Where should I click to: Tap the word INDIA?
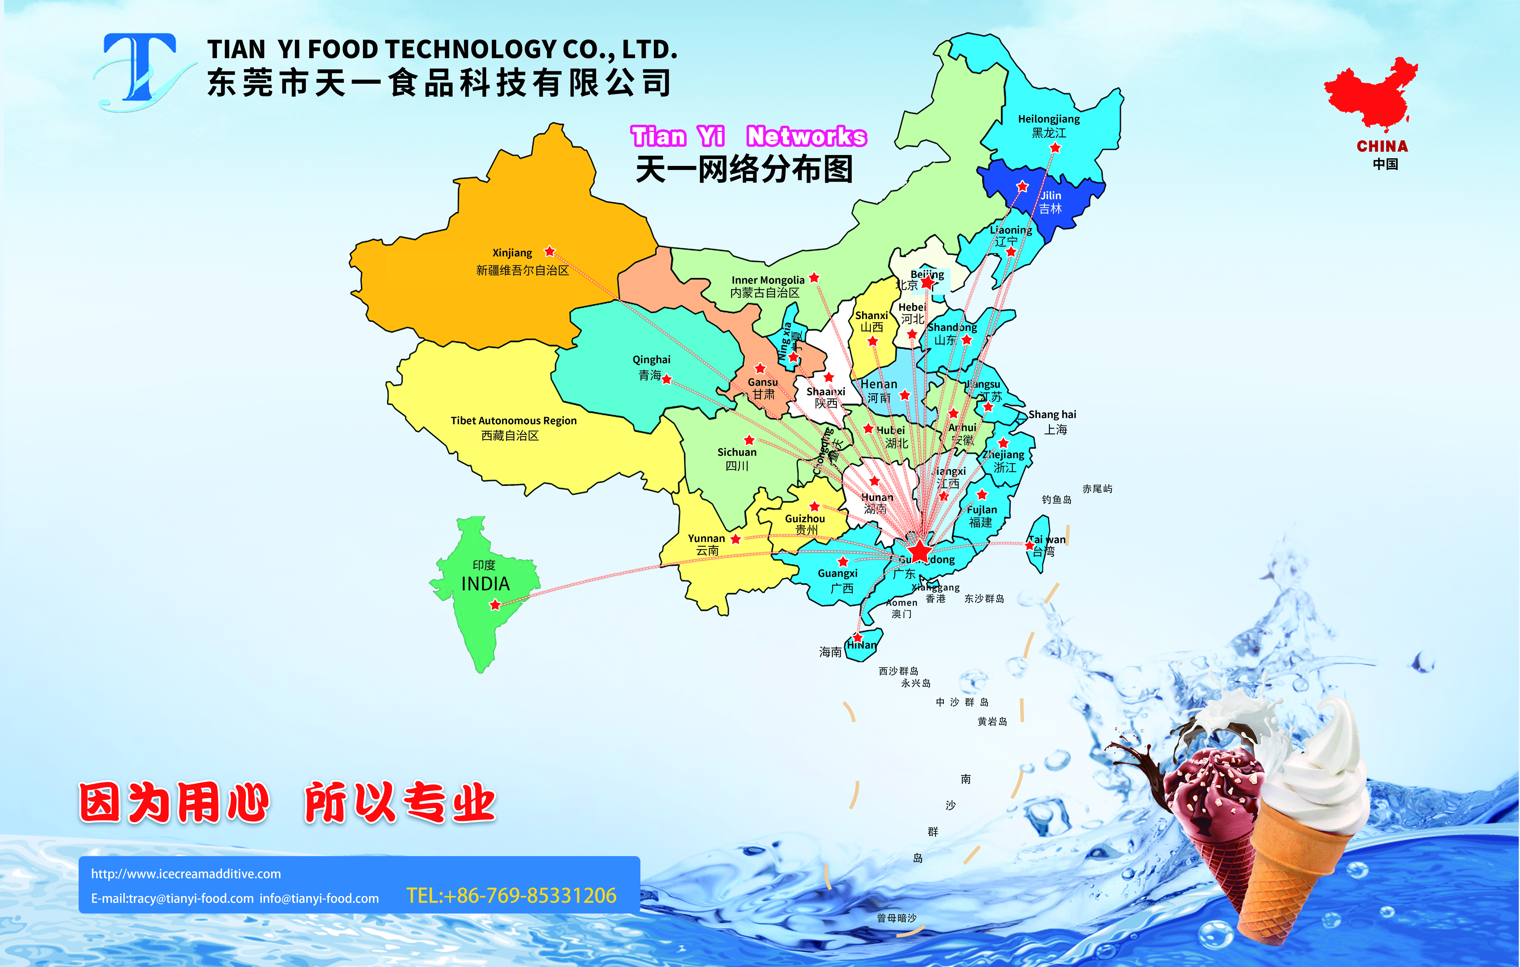485,584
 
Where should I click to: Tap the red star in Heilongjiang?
1055,148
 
